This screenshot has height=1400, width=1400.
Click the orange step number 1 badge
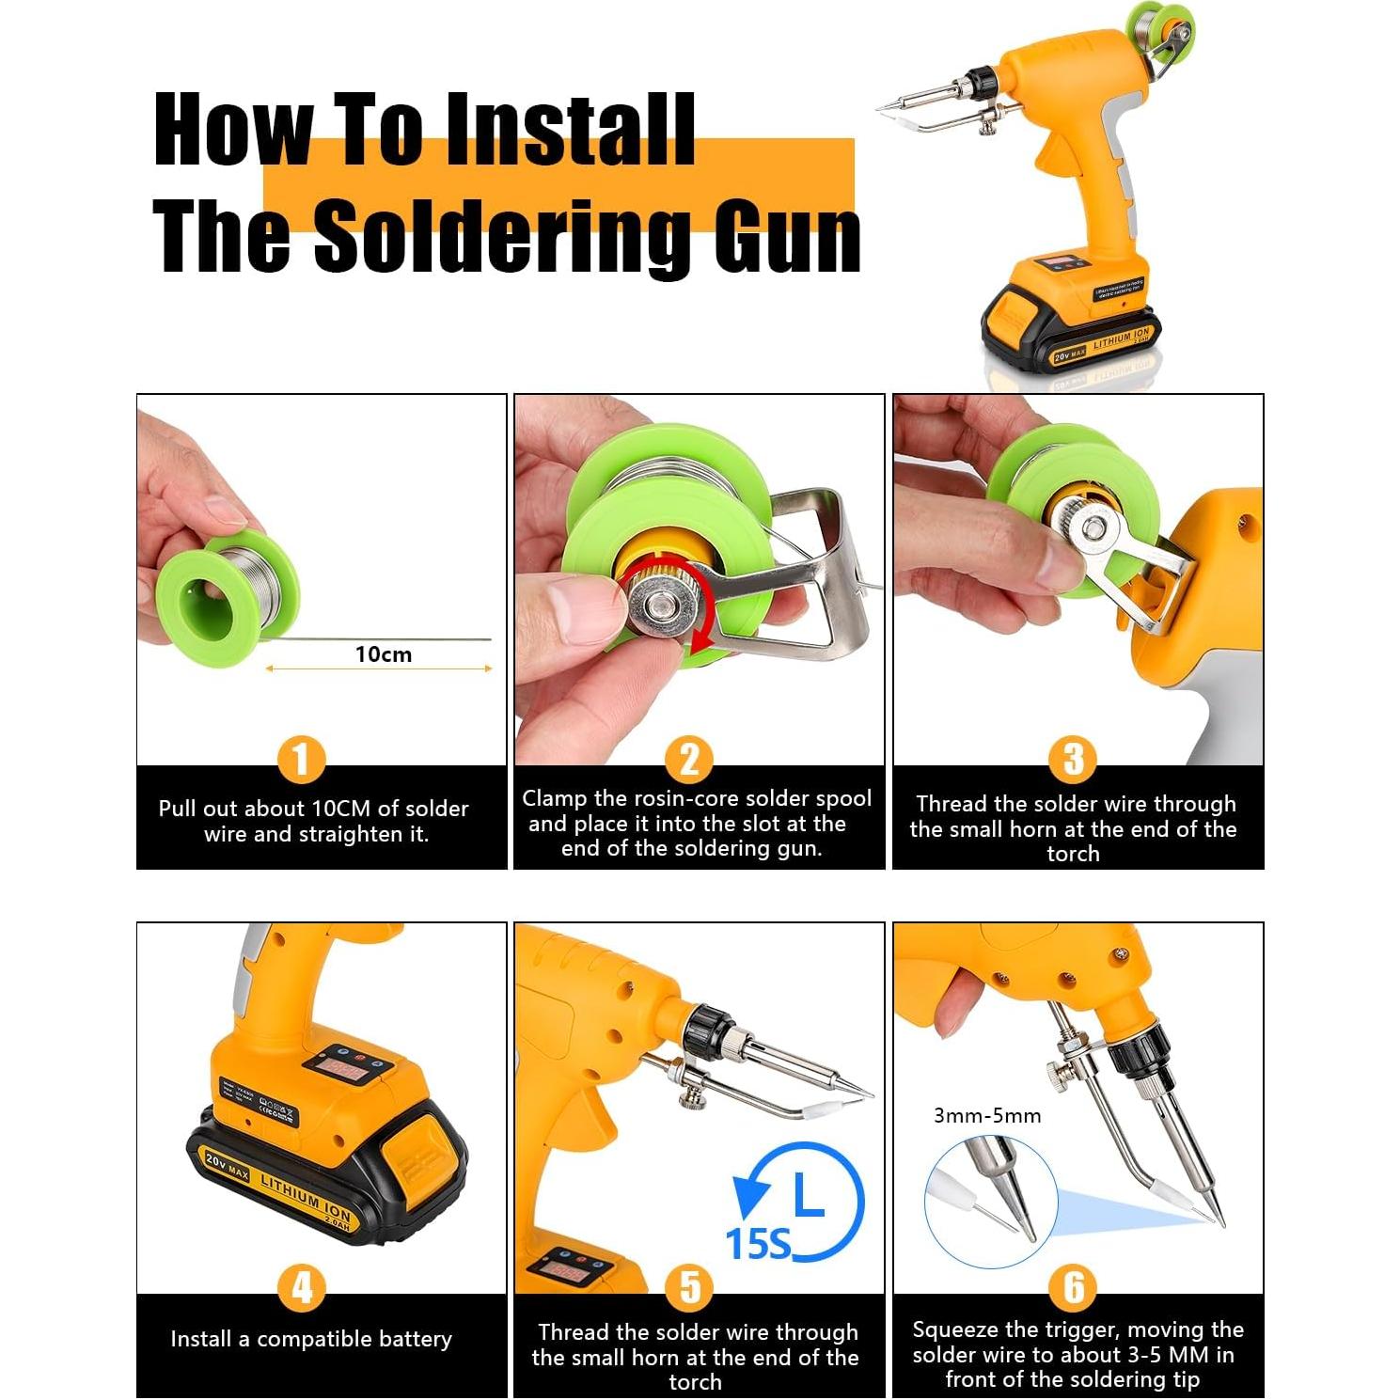click(301, 759)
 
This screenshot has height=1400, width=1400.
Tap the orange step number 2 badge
click(689, 759)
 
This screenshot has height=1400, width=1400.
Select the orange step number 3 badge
click(1073, 759)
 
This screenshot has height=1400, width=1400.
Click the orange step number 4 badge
click(301, 1287)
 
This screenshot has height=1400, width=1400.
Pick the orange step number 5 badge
click(689, 1287)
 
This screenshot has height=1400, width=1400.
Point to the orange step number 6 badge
click(1073, 1287)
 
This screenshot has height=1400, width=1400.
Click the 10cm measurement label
click(383, 654)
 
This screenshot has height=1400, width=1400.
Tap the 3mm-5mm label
click(986, 1116)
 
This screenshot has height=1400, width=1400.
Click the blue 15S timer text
click(758, 1244)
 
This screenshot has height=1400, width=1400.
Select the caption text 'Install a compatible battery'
click(310, 1339)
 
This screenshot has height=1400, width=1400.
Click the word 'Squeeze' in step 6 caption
click(956, 1329)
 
